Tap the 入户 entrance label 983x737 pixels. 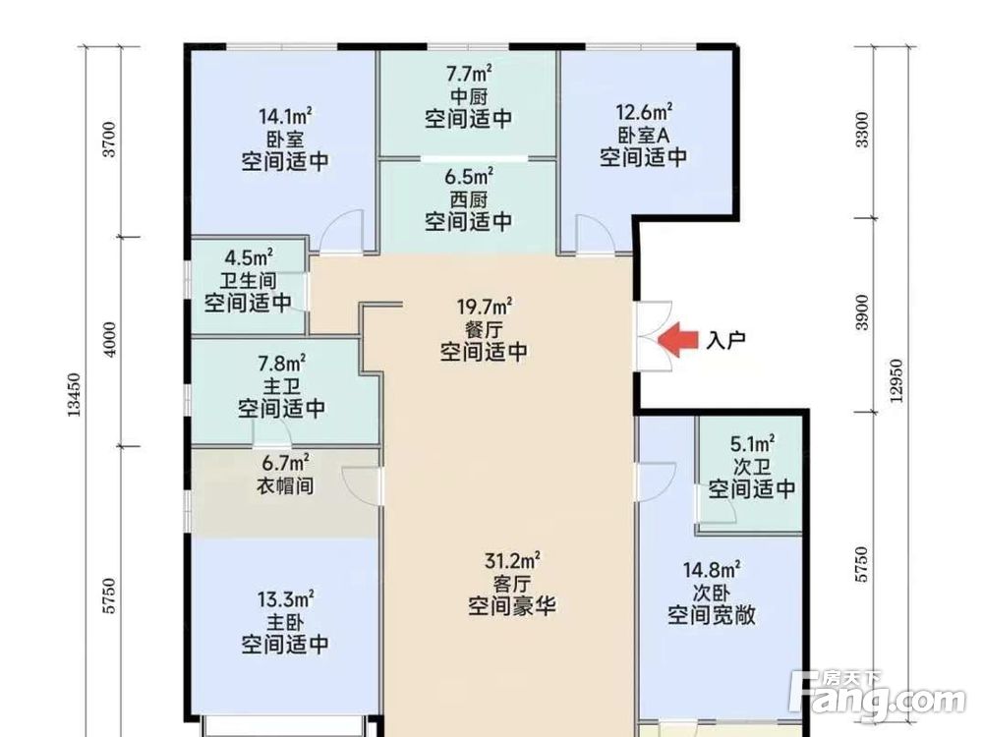(726, 341)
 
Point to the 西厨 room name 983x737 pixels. (469, 199)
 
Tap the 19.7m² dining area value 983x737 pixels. (482, 308)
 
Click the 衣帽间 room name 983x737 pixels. (285, 483)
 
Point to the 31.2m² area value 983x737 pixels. (511, 561)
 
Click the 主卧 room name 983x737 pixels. (285, 621)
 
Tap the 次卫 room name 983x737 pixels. (752, 466)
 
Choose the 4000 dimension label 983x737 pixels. (110, 340)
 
